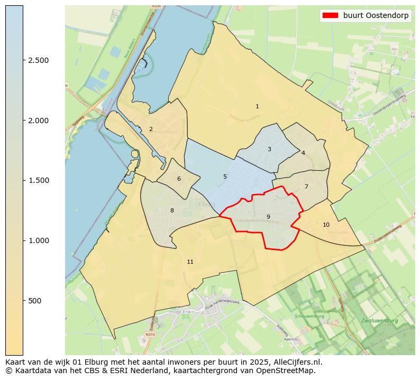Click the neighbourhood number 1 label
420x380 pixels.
(x=257, y=107)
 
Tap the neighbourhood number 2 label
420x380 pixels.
(x=151, y=129)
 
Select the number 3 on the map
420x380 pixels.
(x=269, y=150)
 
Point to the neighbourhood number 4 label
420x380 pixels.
(x=303, y=153)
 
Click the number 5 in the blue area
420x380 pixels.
(x=225, y=177)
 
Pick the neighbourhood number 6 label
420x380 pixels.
(x=179, y=179)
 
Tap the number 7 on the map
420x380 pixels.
(x=306, y=187)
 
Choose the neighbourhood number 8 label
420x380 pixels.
(x=172, y=210)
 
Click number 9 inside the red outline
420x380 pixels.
(x=268, y=217)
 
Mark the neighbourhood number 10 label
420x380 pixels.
(x=326, y=225)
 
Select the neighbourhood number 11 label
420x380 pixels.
(x=190, y=262)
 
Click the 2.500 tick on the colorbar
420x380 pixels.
(x=39, y=60)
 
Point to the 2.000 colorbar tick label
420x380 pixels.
(x=39, y=121)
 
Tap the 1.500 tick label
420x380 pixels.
(x=39, y=180)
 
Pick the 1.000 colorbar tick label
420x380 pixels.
(x=39, y=240)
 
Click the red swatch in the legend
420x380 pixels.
(x=330, y=15)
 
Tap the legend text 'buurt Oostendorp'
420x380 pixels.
(x=376, y=15)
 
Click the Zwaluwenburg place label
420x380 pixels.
(x=379, y=321)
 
